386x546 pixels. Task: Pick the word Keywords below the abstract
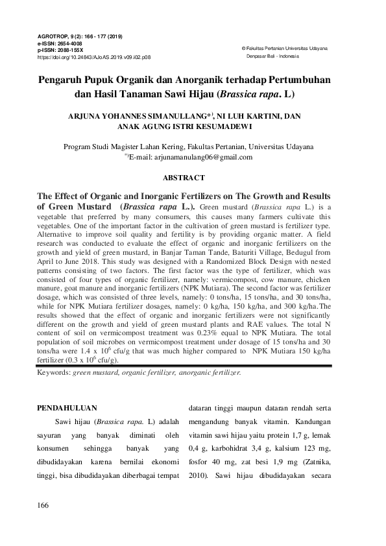click(x=54, y=374)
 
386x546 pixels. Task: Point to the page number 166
click(x=44, y=504)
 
